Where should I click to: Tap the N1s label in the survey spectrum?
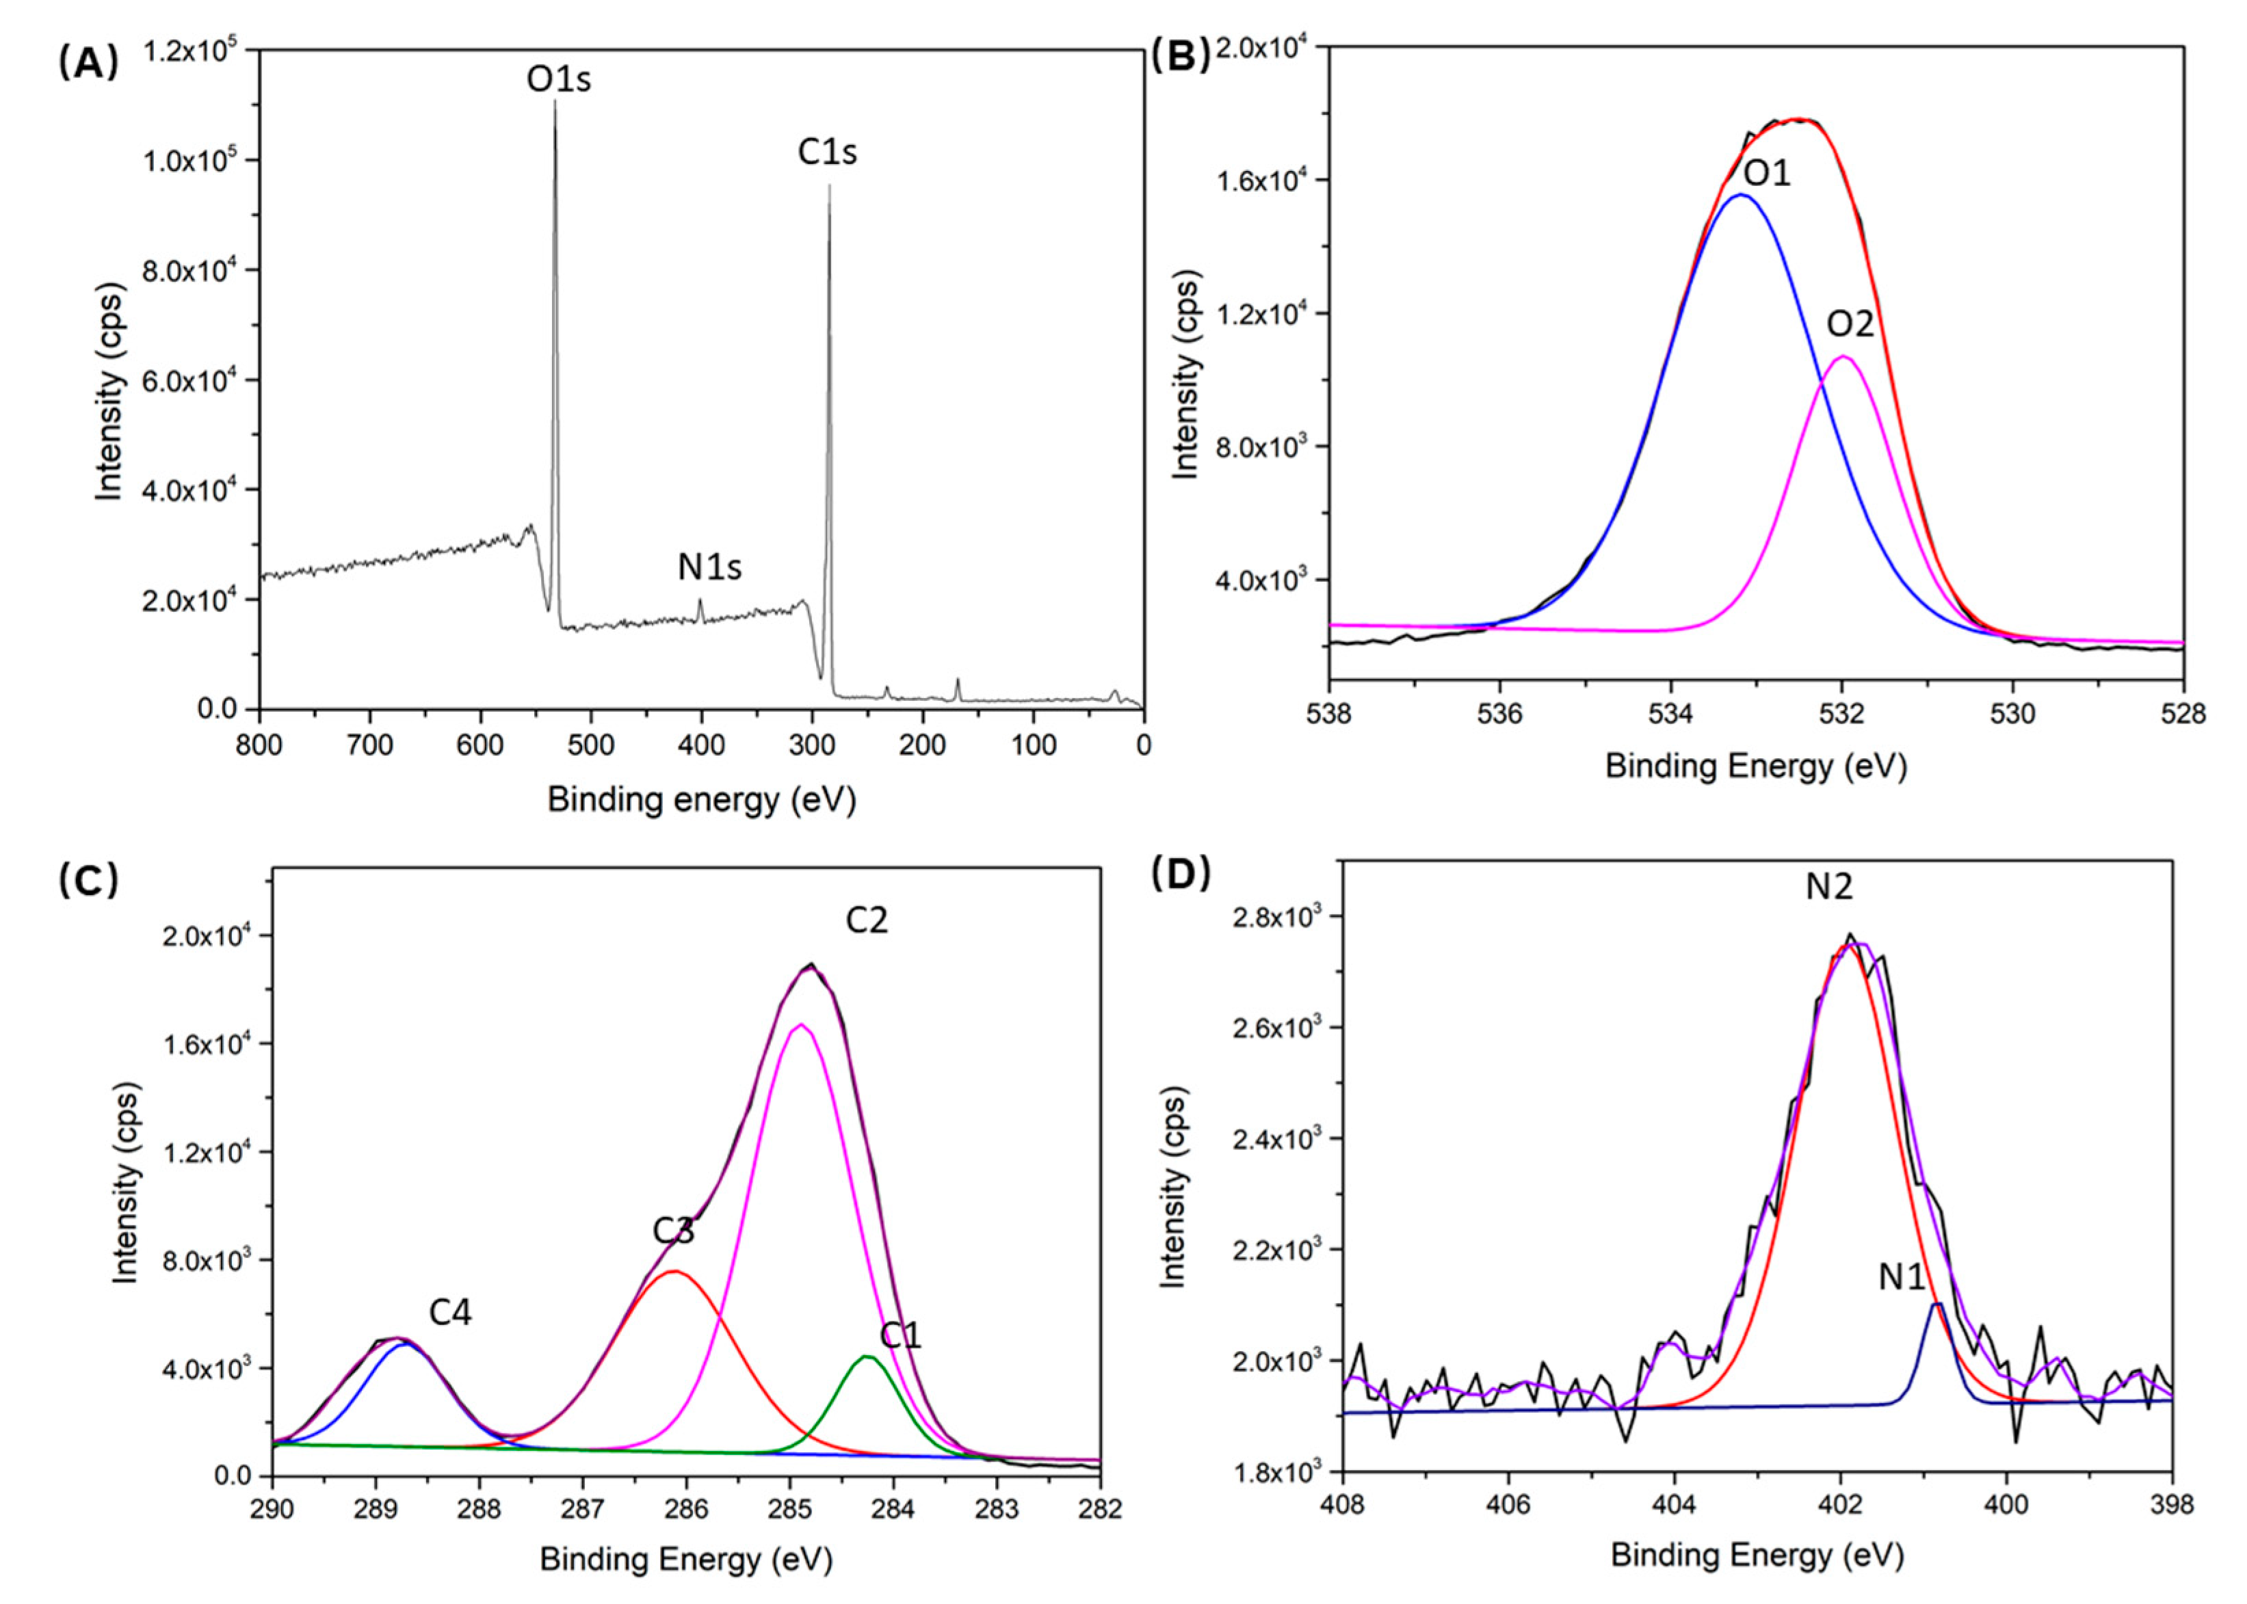click(709, 567)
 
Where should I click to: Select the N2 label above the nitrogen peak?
click(1829, 887)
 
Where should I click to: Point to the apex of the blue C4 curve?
click(403, 1344)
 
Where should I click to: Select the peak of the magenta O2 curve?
click(1843, 356)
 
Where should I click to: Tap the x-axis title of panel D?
click(1756, 1555)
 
